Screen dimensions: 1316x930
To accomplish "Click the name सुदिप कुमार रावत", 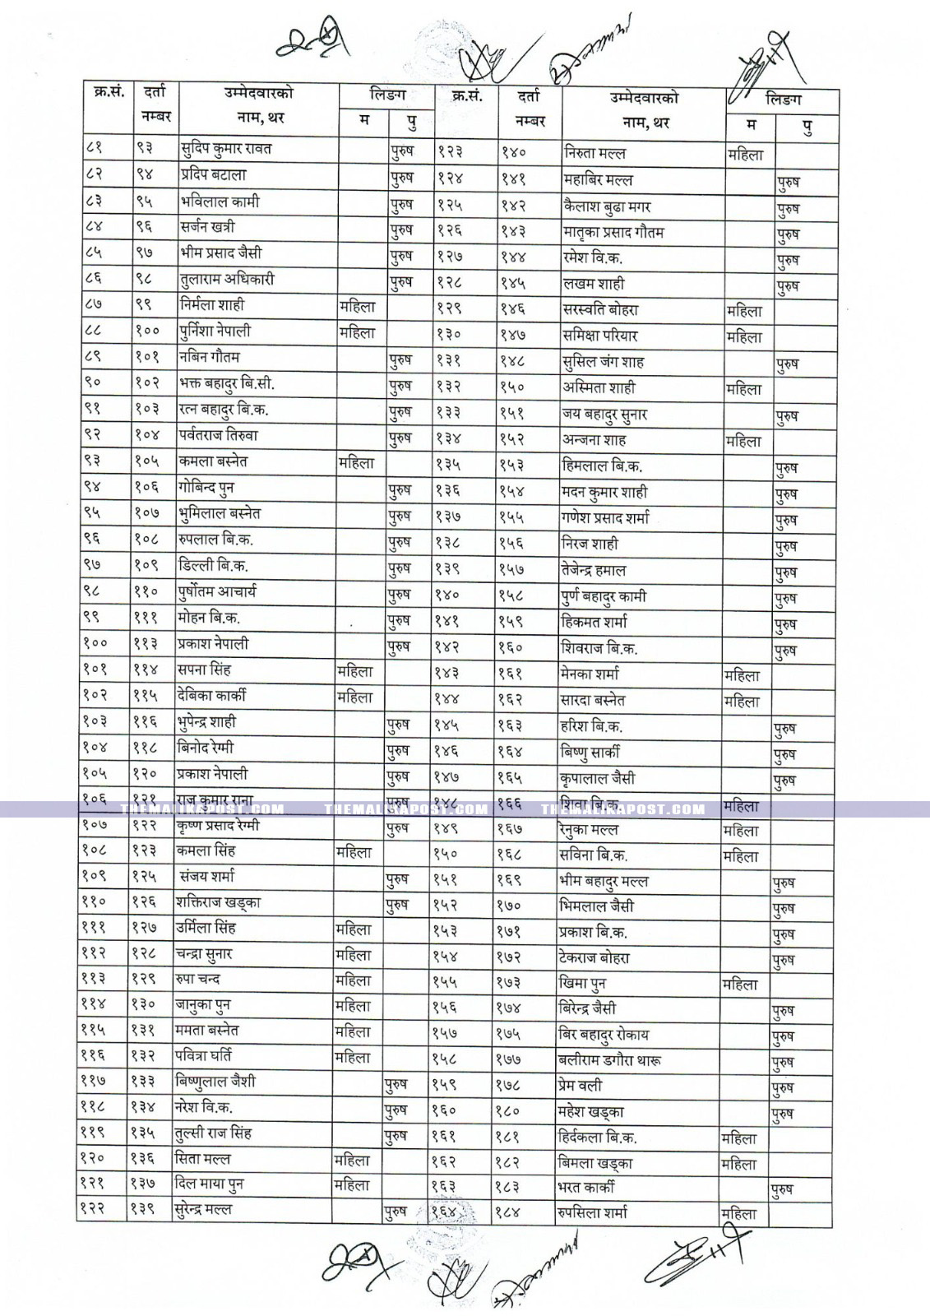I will (226, 149).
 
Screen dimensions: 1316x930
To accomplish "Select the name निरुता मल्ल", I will (595, 153).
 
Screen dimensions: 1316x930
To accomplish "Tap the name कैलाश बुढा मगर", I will (607, 206).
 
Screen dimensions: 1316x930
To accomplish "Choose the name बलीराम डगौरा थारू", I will (610, 1060).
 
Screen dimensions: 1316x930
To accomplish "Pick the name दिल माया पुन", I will (210, 1184).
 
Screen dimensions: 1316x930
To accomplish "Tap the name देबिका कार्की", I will (211, 696).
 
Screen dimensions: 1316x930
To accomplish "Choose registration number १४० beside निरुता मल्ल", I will (514, 153).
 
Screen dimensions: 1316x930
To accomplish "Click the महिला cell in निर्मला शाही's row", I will (357, 306).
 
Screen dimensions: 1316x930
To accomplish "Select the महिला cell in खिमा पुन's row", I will (739, 985).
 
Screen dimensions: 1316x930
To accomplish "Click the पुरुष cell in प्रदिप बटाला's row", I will (401, 177).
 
